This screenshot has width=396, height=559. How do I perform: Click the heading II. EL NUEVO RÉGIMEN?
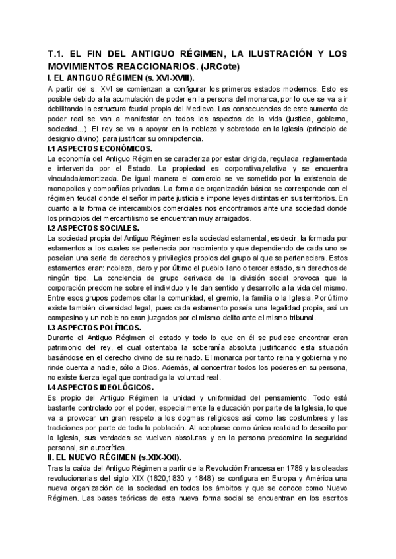(112, 457)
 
